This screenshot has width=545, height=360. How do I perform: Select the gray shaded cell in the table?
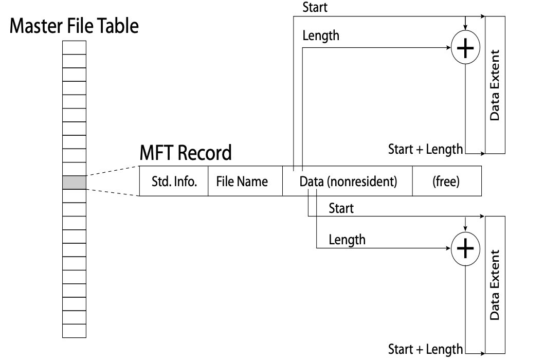(74, 183)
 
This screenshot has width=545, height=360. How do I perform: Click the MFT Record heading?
(186, 153)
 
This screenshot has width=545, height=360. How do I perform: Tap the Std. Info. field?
(174, 182)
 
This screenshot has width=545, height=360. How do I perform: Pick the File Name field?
(245, 182)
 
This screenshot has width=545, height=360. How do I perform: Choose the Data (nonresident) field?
(348, 182)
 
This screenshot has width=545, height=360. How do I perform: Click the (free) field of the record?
(446, 182)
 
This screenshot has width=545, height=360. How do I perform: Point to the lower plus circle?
(465, 249)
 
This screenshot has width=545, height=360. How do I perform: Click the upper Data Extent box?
(495, 85)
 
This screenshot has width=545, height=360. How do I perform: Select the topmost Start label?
(314, 7)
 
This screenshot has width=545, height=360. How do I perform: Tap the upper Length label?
(321, 37)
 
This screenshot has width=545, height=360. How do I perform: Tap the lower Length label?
(347, 239)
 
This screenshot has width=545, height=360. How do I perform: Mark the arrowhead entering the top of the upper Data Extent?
(482, 16)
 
